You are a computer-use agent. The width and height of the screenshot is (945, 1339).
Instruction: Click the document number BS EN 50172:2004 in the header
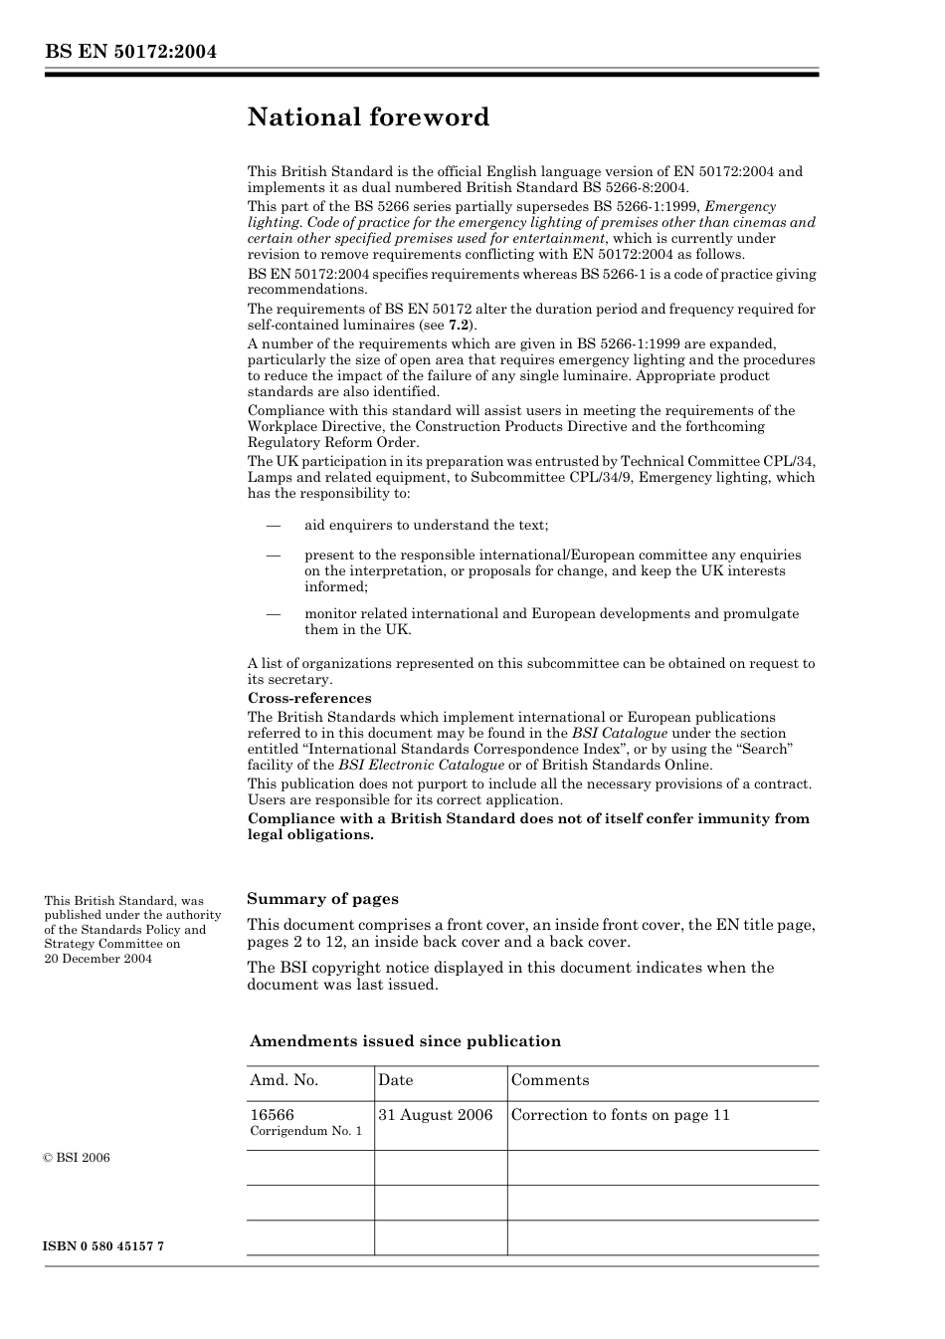click(x=130, y=52)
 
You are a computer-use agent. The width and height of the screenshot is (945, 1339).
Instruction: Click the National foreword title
click(x=368, y=117)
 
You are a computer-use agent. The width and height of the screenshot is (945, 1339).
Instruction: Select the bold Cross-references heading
click(x=309, y=698)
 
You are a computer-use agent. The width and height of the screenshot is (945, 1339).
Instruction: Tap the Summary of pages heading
click(x=322, y=898)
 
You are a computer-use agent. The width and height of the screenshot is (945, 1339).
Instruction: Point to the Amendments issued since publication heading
click(x=405, y=1041)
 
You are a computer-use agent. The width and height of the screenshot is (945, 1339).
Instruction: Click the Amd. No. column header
click(x=283, y=1080)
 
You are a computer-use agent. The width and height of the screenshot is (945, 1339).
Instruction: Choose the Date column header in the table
click(x=395, y=1080)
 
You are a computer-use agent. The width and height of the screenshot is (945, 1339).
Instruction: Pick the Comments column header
click(x=549, y=1080)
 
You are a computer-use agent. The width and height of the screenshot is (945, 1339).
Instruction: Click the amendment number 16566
click(x=272, y=1114)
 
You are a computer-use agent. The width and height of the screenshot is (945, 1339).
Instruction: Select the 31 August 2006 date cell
click(x=435, y=1115)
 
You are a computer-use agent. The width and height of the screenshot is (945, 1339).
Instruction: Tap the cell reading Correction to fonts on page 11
click(x=620, y=1115)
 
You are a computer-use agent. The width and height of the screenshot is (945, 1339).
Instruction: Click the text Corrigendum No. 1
click(x=305, y=1131)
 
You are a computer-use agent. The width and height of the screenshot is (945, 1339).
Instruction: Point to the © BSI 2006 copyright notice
click(x=77, y=1158)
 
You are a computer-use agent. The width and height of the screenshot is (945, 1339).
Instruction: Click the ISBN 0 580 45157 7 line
click(x=103, y=1246)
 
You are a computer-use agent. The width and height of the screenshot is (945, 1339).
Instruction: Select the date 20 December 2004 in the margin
click(x=97, y=958)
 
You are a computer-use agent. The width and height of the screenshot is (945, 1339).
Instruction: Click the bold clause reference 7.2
click(x=460, y=325)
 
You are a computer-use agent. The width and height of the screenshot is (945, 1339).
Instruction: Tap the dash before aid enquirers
click(x=273, y=525)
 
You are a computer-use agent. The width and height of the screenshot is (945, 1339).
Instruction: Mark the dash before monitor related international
click(x=273, y=613)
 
